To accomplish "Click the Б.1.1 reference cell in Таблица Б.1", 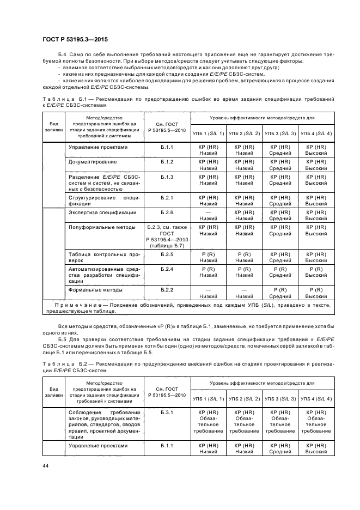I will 167,147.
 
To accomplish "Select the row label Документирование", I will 91,162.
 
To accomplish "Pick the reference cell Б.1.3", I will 167,178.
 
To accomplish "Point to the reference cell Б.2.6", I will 167,212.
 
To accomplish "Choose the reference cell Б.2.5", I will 167,254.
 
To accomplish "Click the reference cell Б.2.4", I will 167,269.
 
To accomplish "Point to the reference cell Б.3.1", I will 167,412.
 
